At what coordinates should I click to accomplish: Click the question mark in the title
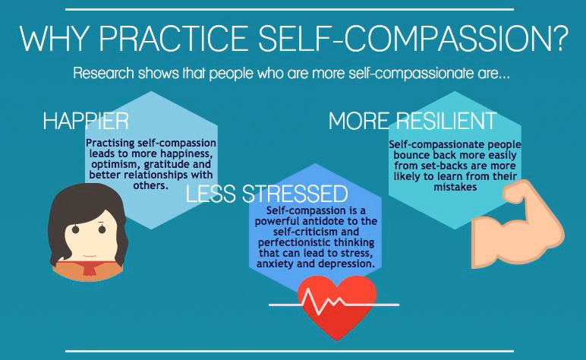[x=559, y=39]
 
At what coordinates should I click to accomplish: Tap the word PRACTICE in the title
[x=174, y=39]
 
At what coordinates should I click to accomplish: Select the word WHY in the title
[x=55, y=39]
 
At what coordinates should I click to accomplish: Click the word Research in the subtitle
[x=103, y=73]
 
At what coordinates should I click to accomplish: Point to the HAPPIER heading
[x=86, y=121]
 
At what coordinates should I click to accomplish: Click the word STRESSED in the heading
[x=295, y=194]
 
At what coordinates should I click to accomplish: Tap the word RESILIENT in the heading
[x=446, y=121]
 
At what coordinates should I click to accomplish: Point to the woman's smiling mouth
[x=90, y=256]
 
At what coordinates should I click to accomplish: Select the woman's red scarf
[x=90, y=267]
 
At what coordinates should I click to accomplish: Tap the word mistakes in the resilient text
[x=455, y=187]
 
